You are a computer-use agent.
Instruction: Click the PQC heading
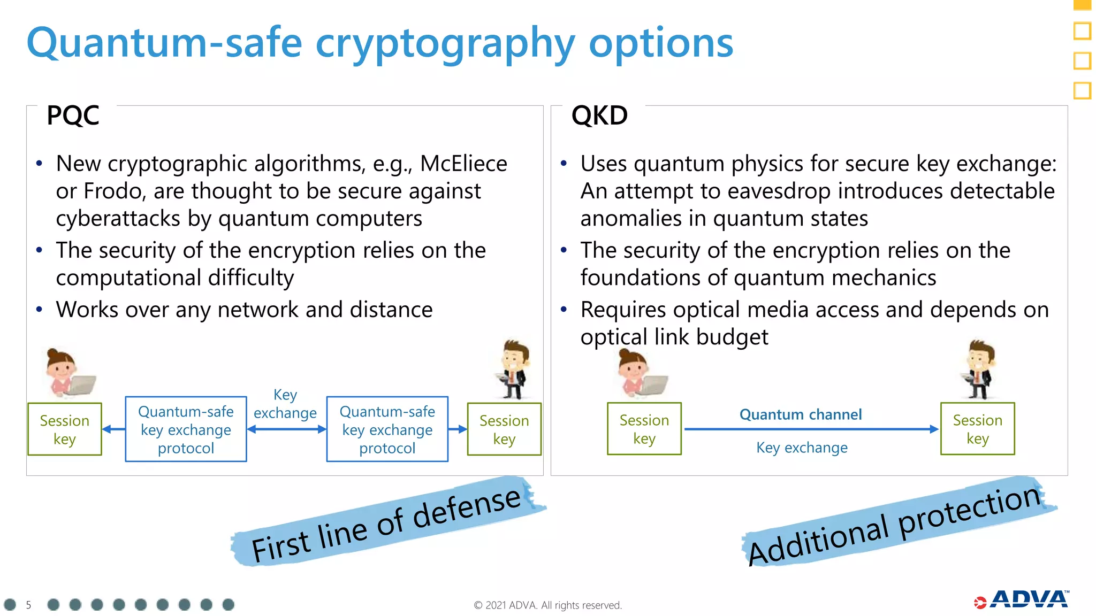coord(73,115)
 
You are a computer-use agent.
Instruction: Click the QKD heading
coord(599,115)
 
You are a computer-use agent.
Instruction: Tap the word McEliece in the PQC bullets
coord(463,164)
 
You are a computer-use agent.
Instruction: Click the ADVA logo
coord(1022,600)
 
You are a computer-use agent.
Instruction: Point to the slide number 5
coord(28,605)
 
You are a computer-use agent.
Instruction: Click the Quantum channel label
coord(800,414)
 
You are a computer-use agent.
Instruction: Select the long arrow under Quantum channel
coord(811,429)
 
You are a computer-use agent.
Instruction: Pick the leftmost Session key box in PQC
coord(64,429)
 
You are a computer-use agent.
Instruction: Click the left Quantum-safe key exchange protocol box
coord(186,429)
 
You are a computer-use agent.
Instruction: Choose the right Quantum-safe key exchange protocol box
coord(387,429)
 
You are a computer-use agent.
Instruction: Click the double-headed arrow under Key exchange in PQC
coord(286,429)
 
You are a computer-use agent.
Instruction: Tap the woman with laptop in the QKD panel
coord(640,373)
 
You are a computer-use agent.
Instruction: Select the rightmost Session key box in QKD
coord(977,429)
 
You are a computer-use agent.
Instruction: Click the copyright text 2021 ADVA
coord(547,605)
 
